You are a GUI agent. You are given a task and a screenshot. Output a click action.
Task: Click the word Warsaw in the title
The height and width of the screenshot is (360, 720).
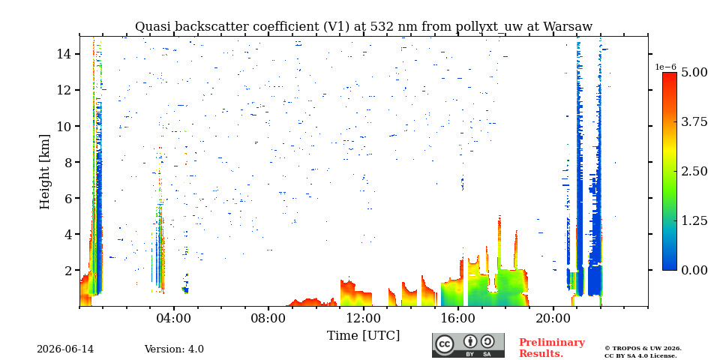tap(568, 27)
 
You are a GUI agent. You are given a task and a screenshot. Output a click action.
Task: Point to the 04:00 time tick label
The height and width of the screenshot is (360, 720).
tap(173, 319)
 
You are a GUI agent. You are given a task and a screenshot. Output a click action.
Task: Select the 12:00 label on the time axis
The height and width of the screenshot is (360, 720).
tap(363, 319)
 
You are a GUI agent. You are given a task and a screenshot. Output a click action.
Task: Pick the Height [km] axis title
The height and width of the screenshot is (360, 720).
tap(44, 172)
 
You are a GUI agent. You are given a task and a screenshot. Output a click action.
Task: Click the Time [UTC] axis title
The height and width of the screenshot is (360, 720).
tap(363, 335)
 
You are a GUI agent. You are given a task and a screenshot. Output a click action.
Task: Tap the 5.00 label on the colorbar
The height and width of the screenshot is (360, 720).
tap(694, 72)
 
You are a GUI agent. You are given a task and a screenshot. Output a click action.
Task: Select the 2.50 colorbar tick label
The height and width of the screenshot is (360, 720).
tap(694, 171)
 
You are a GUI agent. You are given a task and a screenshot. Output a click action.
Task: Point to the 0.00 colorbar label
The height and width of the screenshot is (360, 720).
tap(694, 270)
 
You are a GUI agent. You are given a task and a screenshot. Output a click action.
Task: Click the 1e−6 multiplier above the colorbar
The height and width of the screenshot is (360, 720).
tap(665, 67)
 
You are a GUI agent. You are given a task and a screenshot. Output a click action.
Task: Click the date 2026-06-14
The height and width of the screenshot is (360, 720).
tap(65, 349)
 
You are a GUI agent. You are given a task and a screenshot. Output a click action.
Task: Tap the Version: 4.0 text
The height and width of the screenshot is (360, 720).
tap(174, 349)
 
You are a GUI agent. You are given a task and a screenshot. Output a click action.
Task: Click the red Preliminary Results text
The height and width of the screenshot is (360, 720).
tap(552, 348)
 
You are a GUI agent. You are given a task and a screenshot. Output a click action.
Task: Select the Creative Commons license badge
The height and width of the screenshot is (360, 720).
tap(468, 345)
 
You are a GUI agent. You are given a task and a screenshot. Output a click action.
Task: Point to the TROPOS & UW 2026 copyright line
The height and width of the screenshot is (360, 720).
tap(643, 349)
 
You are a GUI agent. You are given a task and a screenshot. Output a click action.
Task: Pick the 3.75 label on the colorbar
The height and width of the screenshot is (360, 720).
tap(694, 121)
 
